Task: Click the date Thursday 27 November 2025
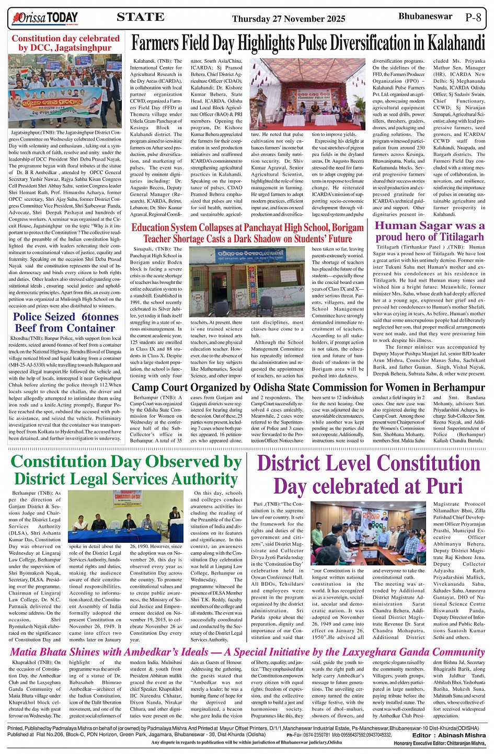coord(289,19)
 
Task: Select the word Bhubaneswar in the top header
coord(425,16)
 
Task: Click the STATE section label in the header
coord(140,17)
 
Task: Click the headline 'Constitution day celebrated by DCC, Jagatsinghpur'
coord(65,43)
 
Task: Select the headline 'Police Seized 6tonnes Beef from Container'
coord(65,322)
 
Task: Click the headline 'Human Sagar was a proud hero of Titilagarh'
coord(430,231)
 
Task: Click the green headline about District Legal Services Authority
coord(126,470)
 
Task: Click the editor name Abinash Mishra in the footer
coord(462,735)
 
